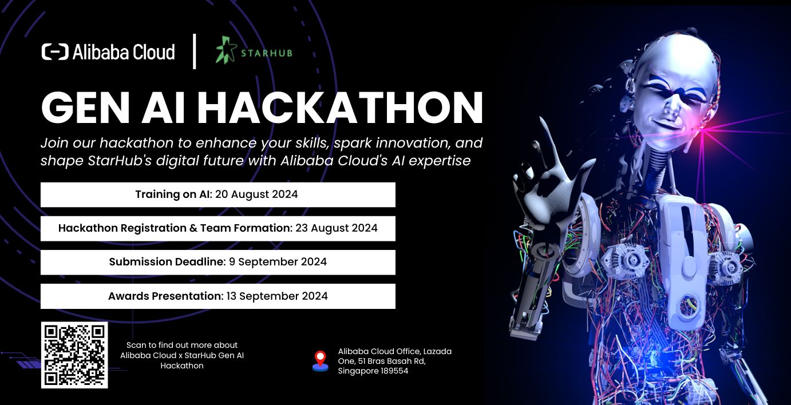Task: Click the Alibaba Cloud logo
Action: [x=108, y=52]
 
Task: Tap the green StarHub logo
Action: [x=254, y=51]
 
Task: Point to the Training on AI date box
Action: [x=217, y=194]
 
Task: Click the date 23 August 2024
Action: [x=336, y=228]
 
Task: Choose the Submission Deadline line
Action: [x=217, y=262]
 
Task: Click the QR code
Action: [x=74, y=355]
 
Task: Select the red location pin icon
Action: [x=321, y=360]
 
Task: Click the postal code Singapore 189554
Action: [x=373, y=371]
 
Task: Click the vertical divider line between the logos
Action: [x=195, y=51]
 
